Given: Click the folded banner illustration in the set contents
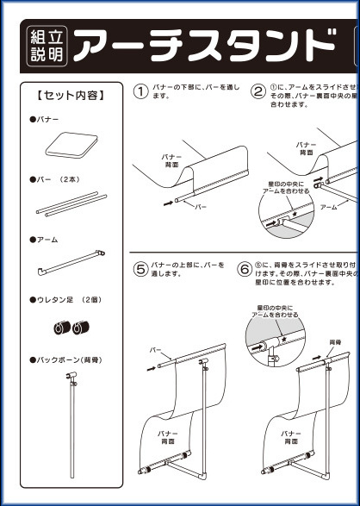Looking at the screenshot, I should click(x=71, y=146).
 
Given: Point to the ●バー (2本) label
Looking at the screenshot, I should click(x=55, y=180).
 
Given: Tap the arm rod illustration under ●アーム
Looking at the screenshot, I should click(x=71, y=264).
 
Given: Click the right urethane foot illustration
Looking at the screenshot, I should click(x=83, y=328).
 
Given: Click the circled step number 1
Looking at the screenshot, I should click(x=141, y=91).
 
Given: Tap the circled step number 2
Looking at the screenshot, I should click(x=258, y=91).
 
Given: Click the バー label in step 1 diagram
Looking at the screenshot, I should click(x=201, y=208).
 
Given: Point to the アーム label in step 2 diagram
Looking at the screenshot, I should click(x=328, y=208).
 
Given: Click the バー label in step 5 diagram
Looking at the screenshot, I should click(x=156, y=352).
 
